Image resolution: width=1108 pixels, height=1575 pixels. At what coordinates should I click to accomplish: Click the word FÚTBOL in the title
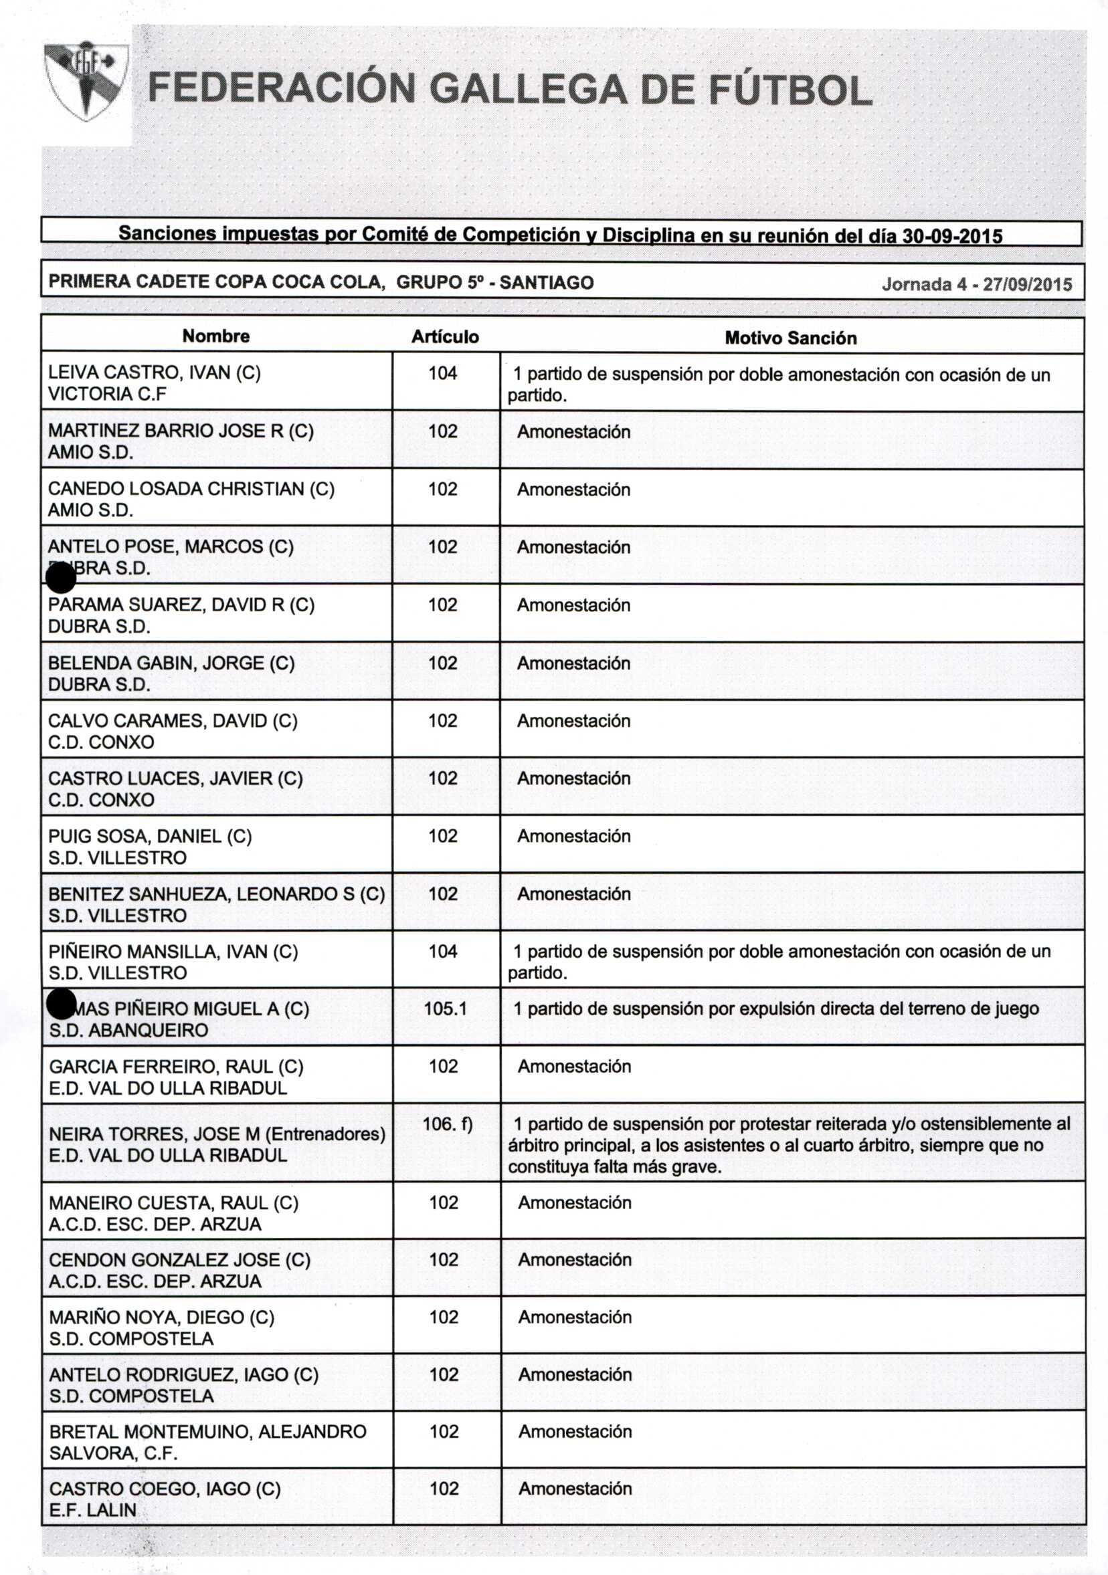pyautogui.click(x=789, y=90)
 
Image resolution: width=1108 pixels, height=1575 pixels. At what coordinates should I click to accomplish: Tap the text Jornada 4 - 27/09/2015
pyautogui.click(x=976, y=284)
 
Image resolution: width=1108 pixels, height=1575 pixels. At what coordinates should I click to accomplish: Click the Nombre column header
pyautogui.click(x=215, y=336)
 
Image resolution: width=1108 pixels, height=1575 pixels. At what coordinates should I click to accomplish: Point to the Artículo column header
pyautogui.click(x=444, y=337)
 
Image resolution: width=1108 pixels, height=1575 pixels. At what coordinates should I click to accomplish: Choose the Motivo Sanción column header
pyautogui.click(x=790, y=338)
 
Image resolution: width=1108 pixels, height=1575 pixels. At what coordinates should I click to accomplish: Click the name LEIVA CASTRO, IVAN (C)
pyautogui.click(x=155, y=373)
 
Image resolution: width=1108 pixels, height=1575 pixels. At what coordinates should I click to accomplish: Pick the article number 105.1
pyautogui.click(x=444, y=1009)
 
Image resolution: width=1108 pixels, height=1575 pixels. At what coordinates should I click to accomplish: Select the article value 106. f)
pyautogui.click(x=448, y=1124)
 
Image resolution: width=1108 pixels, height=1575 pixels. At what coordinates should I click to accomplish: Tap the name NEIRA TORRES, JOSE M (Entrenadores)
pyautogui.click(x=217, y=1134)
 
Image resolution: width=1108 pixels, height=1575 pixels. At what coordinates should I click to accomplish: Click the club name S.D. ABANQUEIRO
pyautogui.click(x=128, y=1031)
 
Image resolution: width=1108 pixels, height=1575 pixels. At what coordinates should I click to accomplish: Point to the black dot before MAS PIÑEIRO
pyautogui.click(x=61, y=1005)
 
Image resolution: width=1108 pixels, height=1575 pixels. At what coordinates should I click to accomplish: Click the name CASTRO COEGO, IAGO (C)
pyautogui.click(x=165, y=1489)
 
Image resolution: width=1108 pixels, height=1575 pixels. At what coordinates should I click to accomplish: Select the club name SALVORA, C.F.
pyautogui.click(x=113, y=1453)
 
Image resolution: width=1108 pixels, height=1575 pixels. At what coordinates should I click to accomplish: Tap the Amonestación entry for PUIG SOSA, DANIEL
pyautogui.click(x=573, y=836)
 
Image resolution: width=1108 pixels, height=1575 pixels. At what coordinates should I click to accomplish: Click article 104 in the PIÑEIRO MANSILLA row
pyautogui.click(x=442, y=952)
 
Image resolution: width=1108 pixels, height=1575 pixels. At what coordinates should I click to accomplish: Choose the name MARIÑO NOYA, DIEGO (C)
pyautogui.click(x=161, y=1317)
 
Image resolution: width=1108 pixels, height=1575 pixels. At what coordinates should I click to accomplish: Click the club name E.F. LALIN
pyautogui.click(x=92, y=1510)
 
